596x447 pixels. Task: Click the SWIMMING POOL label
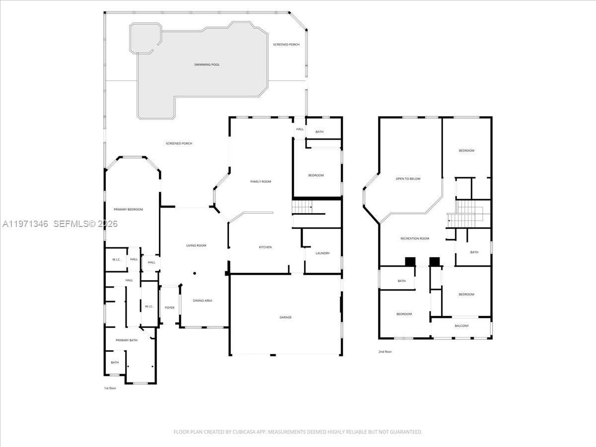tap(207, 65)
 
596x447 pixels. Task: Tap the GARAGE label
tap(285, 317)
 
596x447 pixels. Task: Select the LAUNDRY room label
tap(322, 253)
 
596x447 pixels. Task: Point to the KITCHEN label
tap(265, 247)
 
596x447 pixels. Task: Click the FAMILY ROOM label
tap(260, 182)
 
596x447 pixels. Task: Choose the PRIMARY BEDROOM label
tap(128, 210)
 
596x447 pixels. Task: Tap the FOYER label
tap(170, 308)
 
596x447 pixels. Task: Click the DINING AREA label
tap(203, 300)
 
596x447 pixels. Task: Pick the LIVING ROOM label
tap(196, 246)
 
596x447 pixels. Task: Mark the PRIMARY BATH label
tap(127, 340)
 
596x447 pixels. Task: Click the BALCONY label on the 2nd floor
tap(461, 326)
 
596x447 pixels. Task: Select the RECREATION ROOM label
tap(415, 239)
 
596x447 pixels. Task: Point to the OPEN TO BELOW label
tap(408, 179)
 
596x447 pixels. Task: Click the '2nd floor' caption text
tap(385, 352)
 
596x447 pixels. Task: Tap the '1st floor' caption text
tap(110, 388)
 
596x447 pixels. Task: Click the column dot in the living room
tap(195, 273)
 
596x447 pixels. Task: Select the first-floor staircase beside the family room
tap(302, 206)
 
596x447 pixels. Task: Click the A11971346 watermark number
tap(25, 224)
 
